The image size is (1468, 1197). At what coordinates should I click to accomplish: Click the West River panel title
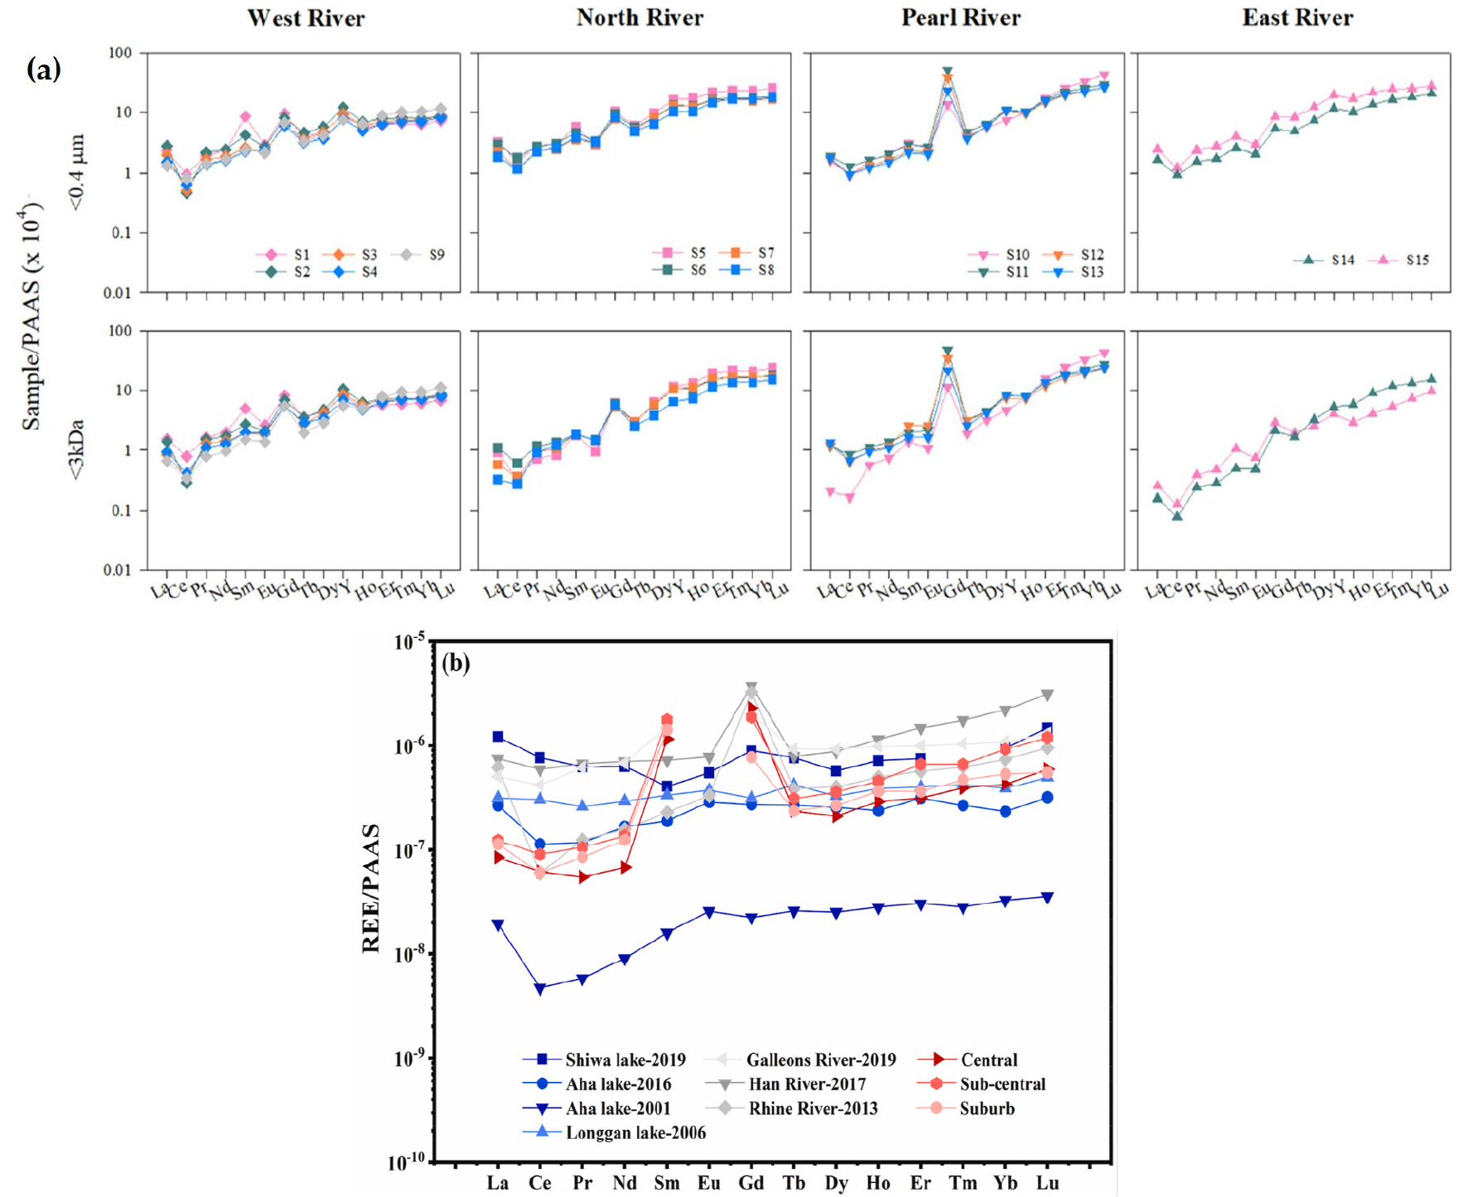306,18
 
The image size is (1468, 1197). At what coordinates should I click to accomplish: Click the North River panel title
640,18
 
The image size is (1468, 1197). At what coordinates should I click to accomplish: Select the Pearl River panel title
961,18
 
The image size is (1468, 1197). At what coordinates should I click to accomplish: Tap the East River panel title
1297,18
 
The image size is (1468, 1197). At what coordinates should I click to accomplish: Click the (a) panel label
44,69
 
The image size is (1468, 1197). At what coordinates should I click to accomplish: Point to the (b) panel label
456,663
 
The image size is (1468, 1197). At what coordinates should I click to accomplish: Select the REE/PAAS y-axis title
370,888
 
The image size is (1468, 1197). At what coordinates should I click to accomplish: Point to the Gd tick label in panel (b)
751,1183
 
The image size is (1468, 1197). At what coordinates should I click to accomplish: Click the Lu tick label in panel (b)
1047,1183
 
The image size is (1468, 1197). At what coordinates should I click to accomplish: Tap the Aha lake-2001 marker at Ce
540,988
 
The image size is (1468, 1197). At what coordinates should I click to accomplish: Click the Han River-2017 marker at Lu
1047,695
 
